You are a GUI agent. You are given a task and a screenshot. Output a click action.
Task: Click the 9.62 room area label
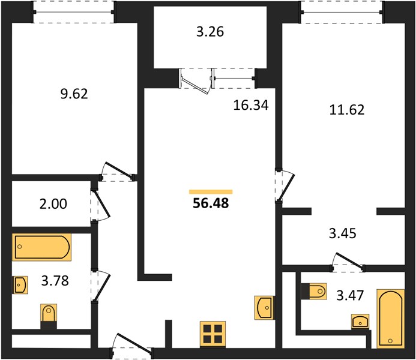[x=74, y=94]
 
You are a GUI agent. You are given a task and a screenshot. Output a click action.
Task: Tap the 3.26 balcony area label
[x=210, y=32]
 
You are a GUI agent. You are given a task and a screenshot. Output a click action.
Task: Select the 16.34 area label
[x=251, y=105]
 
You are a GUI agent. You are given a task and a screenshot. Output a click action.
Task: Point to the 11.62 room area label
[x=347, y=110]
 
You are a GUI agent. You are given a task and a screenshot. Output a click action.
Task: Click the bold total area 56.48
[x=211, y=203]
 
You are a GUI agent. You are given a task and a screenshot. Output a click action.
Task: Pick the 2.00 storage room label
[x=53, y=204]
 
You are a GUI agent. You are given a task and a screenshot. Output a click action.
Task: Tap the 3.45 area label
[x=343, y=233]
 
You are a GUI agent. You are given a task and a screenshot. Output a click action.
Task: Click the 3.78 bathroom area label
[x=55, y=280]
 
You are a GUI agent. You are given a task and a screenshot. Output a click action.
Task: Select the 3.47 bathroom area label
[x=350, y=295]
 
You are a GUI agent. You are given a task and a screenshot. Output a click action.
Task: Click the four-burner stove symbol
[x=213, y=334]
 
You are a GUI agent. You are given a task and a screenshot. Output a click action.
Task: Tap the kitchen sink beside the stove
[x=264, y=308]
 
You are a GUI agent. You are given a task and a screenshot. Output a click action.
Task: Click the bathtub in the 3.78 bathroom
[x=41, y=247]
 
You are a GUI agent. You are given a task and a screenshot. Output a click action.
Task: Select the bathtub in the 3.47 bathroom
[x=391, y=319]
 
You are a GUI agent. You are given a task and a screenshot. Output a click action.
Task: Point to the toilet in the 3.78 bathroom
[x=49, y=317]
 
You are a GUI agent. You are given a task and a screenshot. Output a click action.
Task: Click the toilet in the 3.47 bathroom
[x=314, y=292]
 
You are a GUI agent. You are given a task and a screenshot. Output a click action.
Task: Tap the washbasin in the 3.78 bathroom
[x=20, y=285]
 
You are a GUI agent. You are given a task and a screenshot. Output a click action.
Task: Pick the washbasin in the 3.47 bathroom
[x=360, y=321]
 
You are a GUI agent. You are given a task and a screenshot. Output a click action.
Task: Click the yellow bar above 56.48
[x=211, y=192]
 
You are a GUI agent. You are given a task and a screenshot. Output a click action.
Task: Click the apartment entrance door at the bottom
[x=132, y=344]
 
